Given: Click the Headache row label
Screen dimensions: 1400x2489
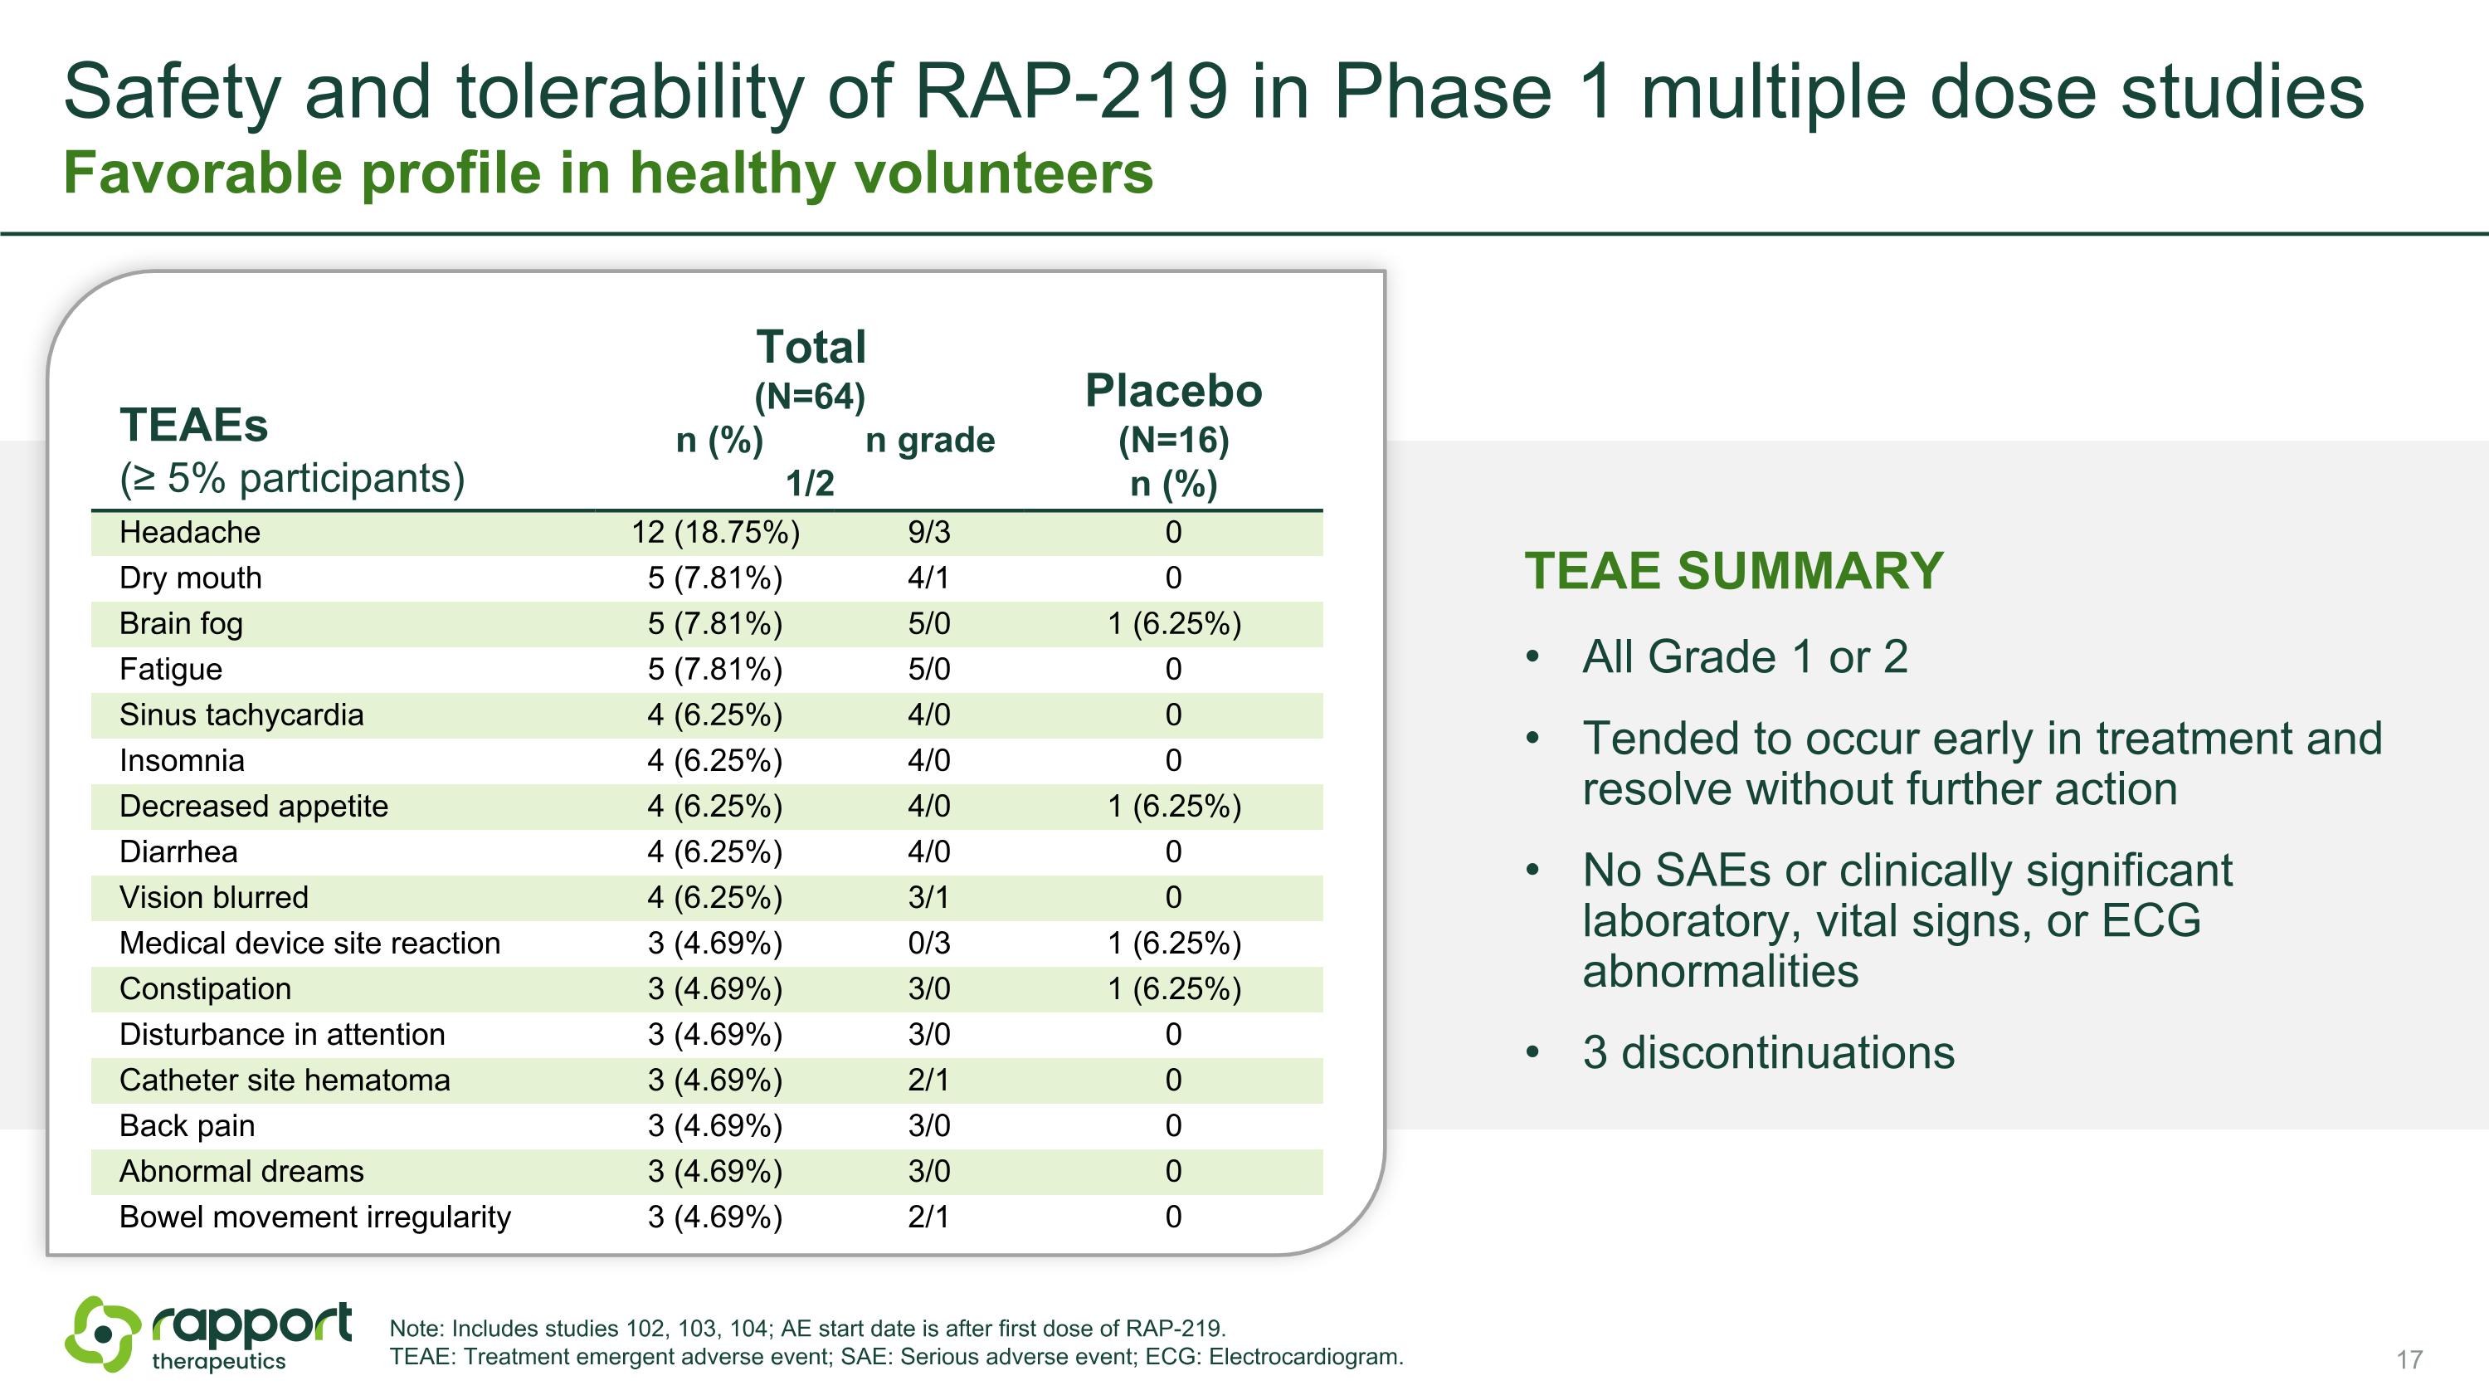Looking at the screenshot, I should click(189, 533).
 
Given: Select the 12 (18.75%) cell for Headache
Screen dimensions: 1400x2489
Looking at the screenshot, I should click(715, 533).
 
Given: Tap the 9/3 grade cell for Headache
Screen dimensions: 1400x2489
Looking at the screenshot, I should click(928, 533).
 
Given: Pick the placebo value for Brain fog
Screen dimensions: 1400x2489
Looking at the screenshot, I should click(1173, 624).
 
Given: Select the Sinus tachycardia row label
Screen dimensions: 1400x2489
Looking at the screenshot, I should click(241, 715).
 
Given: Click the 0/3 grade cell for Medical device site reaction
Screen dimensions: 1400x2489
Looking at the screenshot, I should click(928, 943).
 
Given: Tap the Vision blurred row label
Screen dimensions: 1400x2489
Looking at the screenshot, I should click(213, 898).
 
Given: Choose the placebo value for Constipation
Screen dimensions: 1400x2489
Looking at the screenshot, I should click(1173, 989).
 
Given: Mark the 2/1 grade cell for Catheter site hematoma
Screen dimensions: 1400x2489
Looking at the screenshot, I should click(928, 1080).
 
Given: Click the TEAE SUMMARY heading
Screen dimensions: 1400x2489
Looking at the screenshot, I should click(1733, 571).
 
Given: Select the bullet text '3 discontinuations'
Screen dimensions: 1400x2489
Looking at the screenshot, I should click(1767, 1052).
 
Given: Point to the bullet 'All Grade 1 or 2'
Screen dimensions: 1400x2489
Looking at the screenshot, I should click(1744, 657).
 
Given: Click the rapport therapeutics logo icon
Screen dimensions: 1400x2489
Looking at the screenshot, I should click(102, 1334).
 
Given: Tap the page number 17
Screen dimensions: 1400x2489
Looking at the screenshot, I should click(2409, 1359).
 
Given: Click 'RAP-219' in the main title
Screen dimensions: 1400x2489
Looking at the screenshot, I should click(1070, 92).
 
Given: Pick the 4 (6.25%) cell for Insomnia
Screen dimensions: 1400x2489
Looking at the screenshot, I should click(715, 761).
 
